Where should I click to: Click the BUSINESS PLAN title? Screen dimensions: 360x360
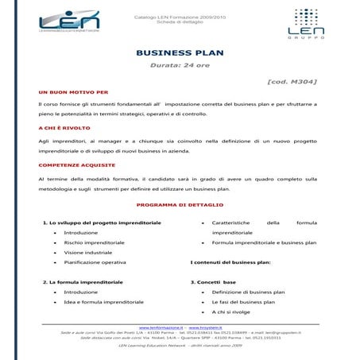tap(180, 53)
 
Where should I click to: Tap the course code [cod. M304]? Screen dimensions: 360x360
tap(293, 82)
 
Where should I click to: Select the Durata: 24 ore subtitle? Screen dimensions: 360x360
tap(180, 66)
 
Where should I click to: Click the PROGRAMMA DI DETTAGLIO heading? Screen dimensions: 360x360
tap(178, 205)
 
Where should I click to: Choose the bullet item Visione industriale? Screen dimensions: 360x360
tap(88, 252)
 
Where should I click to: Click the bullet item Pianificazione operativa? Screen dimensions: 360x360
tap(95, 262)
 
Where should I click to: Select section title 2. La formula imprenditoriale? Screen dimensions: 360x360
tap(83, 282)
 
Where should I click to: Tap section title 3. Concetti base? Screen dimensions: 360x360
tap(213, 282)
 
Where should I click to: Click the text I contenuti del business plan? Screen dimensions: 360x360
tap(230, 262)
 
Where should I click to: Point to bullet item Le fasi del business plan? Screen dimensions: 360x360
tap(243, 302)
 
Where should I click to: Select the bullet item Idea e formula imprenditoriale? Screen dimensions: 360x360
tap(103, 302)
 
